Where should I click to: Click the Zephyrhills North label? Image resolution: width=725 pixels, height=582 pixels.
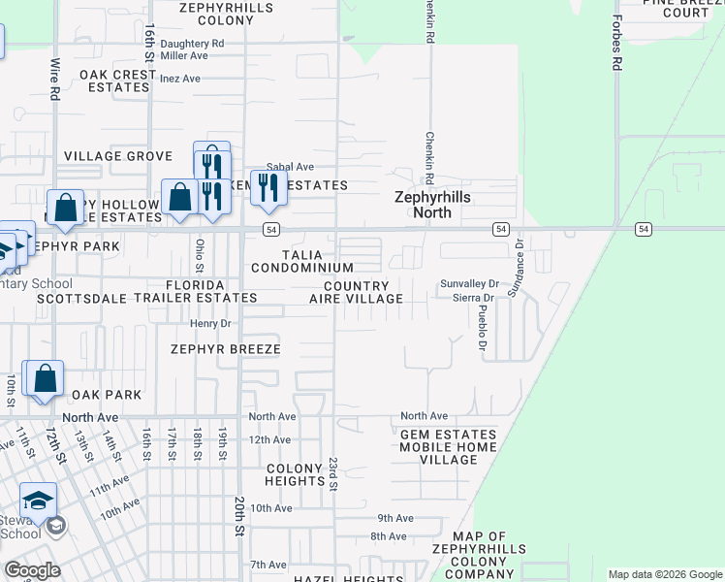[430, 203]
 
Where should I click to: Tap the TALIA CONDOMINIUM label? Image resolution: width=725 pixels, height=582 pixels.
[301, 260]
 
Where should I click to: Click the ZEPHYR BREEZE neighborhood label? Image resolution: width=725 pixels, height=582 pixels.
[225, 349]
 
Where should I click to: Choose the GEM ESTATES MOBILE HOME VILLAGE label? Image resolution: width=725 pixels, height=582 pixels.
[448, 447]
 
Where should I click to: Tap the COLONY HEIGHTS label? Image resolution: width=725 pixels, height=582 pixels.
[295, 474]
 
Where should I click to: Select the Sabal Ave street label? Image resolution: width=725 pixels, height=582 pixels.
[291, 167]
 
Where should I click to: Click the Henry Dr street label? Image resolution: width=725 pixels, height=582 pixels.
[210, 323]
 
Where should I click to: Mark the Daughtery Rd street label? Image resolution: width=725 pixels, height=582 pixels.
[192, 44]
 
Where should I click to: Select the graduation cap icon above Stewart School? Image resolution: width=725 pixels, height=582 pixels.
[38, 500]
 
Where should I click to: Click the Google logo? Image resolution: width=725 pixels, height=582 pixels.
[32, 570]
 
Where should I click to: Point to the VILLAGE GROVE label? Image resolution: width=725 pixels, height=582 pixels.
[117, 156]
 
